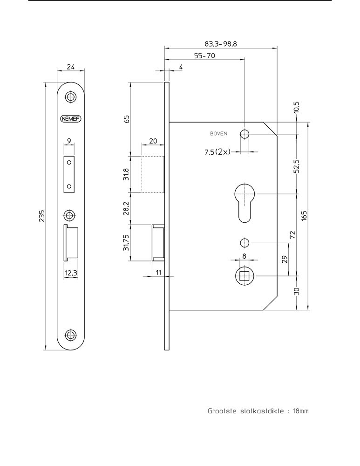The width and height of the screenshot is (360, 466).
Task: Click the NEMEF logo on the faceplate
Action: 71,118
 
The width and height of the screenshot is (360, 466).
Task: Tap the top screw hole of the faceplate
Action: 71,97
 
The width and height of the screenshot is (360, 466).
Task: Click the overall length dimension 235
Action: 42,216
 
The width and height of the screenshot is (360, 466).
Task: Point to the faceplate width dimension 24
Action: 71,67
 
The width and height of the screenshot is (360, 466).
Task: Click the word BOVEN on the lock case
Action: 218,134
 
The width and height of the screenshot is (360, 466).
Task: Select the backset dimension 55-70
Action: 204,55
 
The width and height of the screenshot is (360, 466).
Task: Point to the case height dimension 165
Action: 304,216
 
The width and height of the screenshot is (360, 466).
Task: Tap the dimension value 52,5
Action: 296,165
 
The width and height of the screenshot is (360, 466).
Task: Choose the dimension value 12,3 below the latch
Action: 71,273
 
